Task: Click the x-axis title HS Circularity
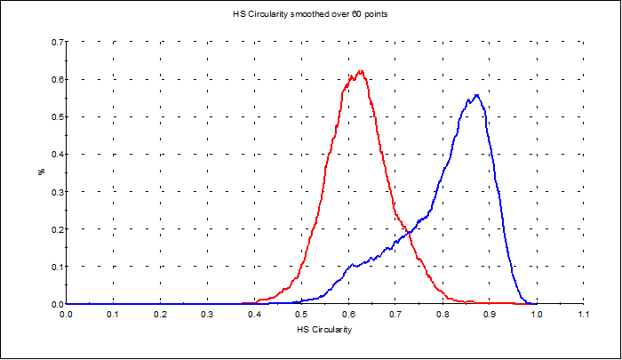[323, 331]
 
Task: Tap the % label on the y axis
[41, 172]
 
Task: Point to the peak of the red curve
[361, 71]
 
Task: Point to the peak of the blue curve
[477, 95]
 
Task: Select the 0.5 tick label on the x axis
[300, 314]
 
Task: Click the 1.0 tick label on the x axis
[536, 314]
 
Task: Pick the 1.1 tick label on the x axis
[583, 314]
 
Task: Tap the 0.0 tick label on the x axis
[66, 314]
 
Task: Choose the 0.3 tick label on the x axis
[206, 314]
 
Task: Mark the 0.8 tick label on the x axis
[442, 314]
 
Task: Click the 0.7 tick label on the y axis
[56, 42]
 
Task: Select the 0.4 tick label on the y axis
[56, 154]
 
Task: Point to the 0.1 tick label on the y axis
[56, 267]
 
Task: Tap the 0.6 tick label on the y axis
[56, 79]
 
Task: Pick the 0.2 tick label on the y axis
[56, 229]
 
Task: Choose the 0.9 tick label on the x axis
[489, 314]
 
